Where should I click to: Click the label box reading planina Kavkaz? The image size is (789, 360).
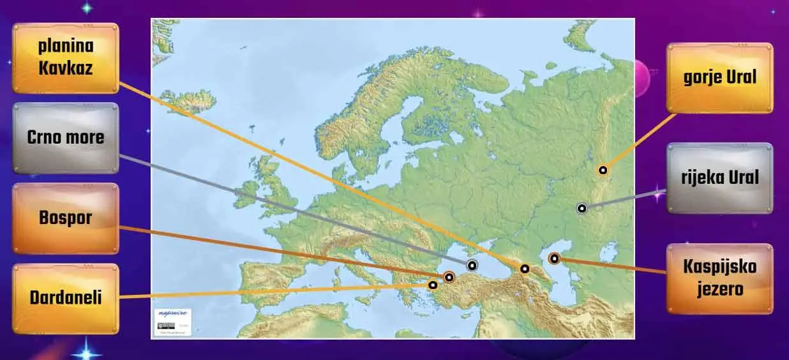pos(66,57)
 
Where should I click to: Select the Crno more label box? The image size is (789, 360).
pos(66,137)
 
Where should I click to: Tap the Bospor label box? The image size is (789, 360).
pos(66,218)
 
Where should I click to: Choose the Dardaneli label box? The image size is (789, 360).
pos(66,297)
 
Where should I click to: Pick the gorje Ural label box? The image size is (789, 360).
pos(719,78)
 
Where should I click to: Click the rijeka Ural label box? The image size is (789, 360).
pos(719,177)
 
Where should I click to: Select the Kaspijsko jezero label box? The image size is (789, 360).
pos(719,278)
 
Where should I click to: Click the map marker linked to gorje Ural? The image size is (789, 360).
pos(602,170)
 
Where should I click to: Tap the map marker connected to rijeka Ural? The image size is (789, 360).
pos(582,208)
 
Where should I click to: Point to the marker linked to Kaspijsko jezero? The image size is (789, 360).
pos(554,259)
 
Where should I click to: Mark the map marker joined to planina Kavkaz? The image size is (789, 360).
pos(524,269)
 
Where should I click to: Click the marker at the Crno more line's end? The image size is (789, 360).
pos(472,266)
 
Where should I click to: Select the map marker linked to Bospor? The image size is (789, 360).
pos(449,277)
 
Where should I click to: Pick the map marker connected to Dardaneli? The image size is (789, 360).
pos(433,285)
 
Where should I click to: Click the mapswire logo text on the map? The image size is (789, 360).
pos(171,315)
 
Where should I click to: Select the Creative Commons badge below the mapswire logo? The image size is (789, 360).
pos(164,326)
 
